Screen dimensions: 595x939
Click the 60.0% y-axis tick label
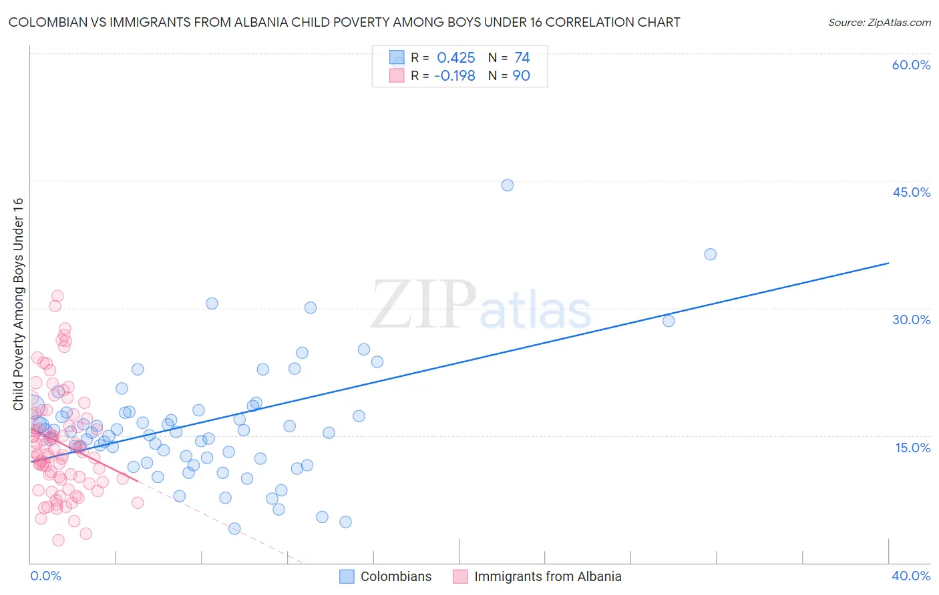coord(911,65)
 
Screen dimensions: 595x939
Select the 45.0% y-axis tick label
coord(911,192)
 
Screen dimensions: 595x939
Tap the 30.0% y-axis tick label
coord(911,320)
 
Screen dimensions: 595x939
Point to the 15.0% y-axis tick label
coord(912,448)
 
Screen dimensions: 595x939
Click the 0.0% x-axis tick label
coord(45,576)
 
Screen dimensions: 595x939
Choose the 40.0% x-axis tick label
coord(910,576)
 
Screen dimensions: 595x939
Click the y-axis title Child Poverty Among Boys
coord(18,304)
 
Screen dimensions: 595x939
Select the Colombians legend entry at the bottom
coord(395,576)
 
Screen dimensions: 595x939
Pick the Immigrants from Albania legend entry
coord(547,576)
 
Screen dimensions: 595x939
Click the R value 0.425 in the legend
coord(456,58)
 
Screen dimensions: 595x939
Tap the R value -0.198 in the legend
coord(454,76)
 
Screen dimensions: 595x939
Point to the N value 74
coord(522,58)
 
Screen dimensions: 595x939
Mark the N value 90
coord(521,76)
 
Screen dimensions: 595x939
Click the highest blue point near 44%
coord(508,185)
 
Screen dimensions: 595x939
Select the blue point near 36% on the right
coord(710,254)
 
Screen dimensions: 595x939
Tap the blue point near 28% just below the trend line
coord(669,321)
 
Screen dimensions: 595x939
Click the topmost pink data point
coord(57,296)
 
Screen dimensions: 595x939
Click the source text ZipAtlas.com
coord(879,23)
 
